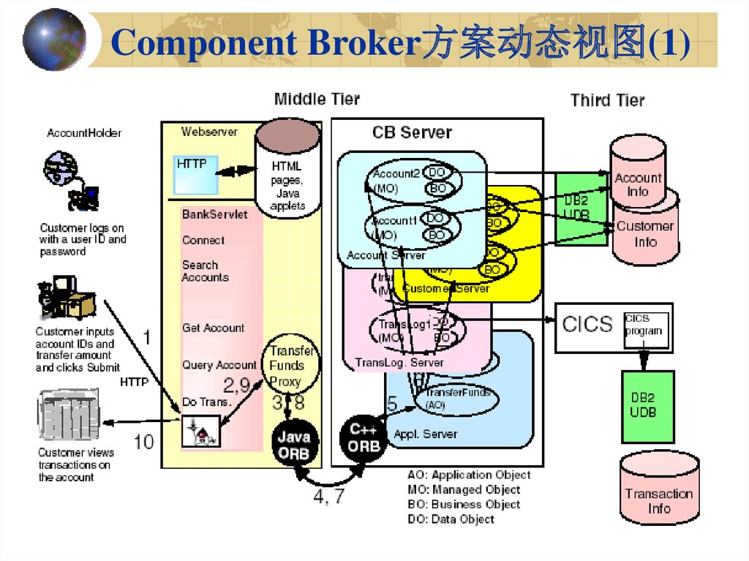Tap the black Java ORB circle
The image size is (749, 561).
[x=294, y=443]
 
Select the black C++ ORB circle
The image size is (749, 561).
[x=364, y=440]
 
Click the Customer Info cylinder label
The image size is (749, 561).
[x=645, y=233]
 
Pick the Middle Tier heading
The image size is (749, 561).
[x=317, y=99]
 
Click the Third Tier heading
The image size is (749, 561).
[x=608, y=100]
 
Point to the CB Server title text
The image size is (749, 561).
[x=412, y=132]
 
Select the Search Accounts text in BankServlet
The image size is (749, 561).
[x=205, y=271]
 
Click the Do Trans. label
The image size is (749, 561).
[x=207, y=402]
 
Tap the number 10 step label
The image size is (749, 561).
[x=144, y=441]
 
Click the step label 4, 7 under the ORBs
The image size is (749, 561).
[x=330, y=497]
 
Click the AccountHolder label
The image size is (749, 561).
[x=84, y=133]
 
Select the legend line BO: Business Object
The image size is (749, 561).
[x=464, y=504]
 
